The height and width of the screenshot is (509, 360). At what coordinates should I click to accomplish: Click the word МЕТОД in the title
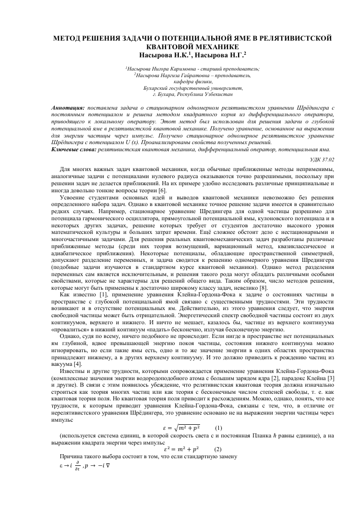pyautogui.click(x=69, y=38)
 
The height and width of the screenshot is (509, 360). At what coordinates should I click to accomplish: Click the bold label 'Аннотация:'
pyautogui.click(x=69, y=109)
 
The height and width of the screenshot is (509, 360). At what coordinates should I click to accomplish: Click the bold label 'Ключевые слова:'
pyautogui.click(x=74, y=149)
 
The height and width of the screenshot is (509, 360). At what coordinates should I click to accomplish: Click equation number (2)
pyautogui.click(x=218, y=449)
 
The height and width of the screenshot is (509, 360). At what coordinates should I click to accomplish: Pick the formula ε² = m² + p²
pyautogui.click(x=181, y=449)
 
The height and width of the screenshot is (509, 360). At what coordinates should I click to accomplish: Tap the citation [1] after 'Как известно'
pyautogui.click(x=92, y=294)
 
